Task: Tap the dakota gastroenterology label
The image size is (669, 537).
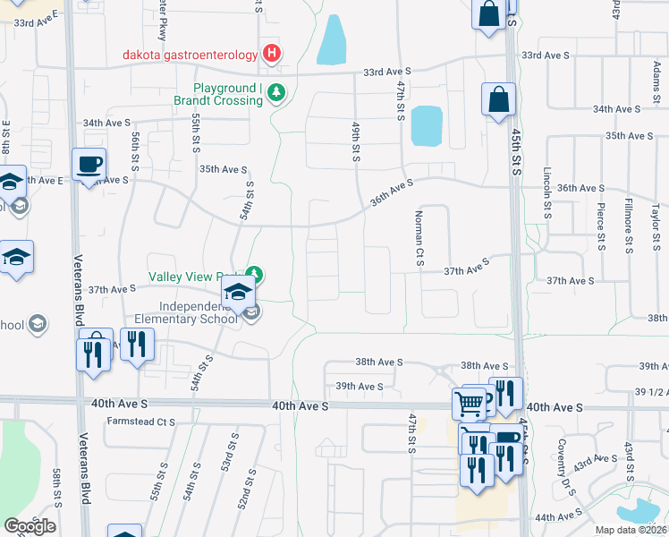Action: [190, 55]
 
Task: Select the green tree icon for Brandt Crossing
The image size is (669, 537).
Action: [277, 91]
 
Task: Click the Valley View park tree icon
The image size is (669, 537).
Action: [255, 274]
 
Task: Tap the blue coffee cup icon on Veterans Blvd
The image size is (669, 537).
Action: [89, 165]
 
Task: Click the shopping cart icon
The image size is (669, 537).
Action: [469, 404]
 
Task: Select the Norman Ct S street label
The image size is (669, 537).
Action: [418, 238]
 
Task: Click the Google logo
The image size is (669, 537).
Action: [30, 526]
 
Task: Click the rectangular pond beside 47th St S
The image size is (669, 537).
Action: [426, 125]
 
